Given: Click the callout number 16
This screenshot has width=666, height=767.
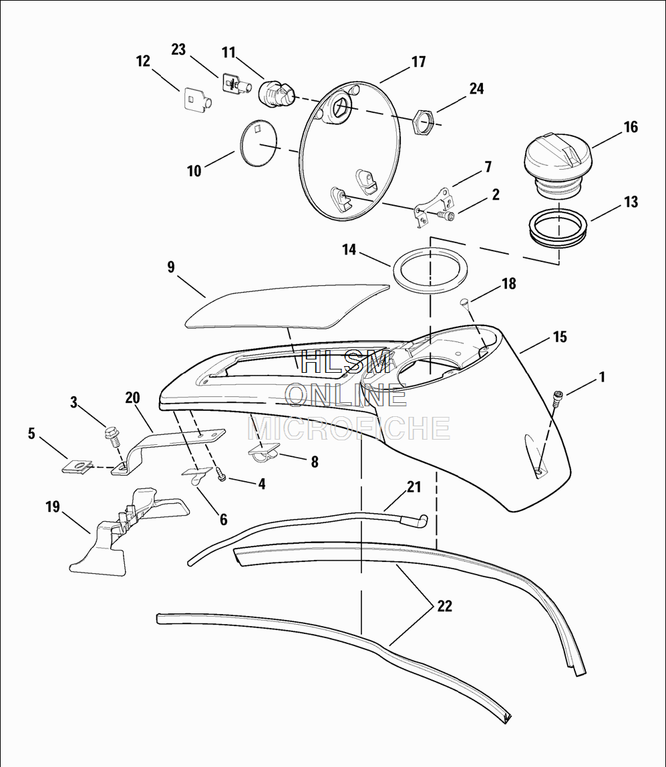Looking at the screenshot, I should [x=631, y=127].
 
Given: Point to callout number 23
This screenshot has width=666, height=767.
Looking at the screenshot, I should [x=178, y=50].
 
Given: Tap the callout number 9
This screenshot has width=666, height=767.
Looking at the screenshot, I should [x=171, y=267].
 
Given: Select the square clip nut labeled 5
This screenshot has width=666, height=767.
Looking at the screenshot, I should [x=79, y=466].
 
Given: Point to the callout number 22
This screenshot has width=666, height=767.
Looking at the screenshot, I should [x=444, y=606].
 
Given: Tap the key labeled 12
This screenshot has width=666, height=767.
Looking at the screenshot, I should [x=196, y=100].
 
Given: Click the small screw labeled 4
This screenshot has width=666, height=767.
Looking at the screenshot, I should [x=222, y=475].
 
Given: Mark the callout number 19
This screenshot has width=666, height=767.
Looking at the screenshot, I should [x=52, y=506].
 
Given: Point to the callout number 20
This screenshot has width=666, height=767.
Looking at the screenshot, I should [x=132, y=399].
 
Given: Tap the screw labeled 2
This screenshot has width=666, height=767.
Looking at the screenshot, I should [x=446, y=215].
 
